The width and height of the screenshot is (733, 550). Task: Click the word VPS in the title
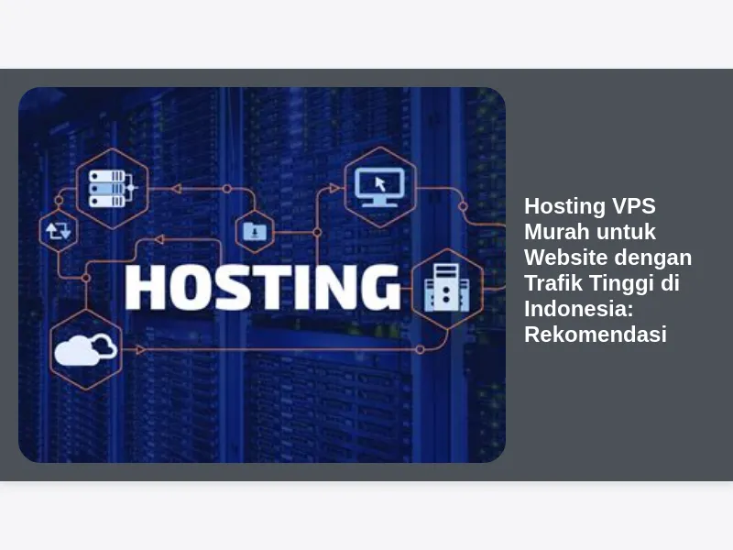(633, 206)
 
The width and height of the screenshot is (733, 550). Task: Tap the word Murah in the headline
(552, 232)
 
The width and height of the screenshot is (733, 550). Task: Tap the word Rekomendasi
(596, 335)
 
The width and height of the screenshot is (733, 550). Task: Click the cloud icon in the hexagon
(85, 350)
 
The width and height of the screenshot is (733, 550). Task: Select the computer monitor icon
(379, 187)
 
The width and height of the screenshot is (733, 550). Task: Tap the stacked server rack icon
(111, 189)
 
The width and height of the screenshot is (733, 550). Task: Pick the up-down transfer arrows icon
(59, 231)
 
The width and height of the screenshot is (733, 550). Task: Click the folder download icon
(255, 232)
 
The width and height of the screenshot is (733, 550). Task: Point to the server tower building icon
(446, 288)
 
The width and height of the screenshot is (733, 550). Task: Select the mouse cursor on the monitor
(380, 184)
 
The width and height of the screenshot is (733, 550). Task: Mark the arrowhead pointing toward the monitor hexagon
(334, 188)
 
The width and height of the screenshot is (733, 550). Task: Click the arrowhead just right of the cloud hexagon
(140, 350)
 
